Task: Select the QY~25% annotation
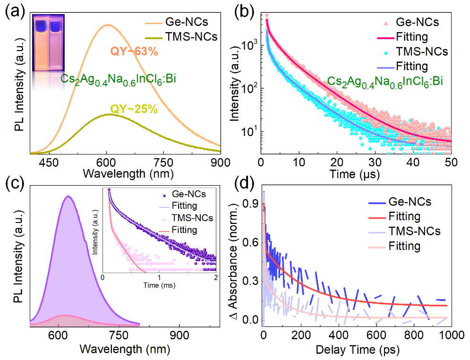[134, 110]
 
